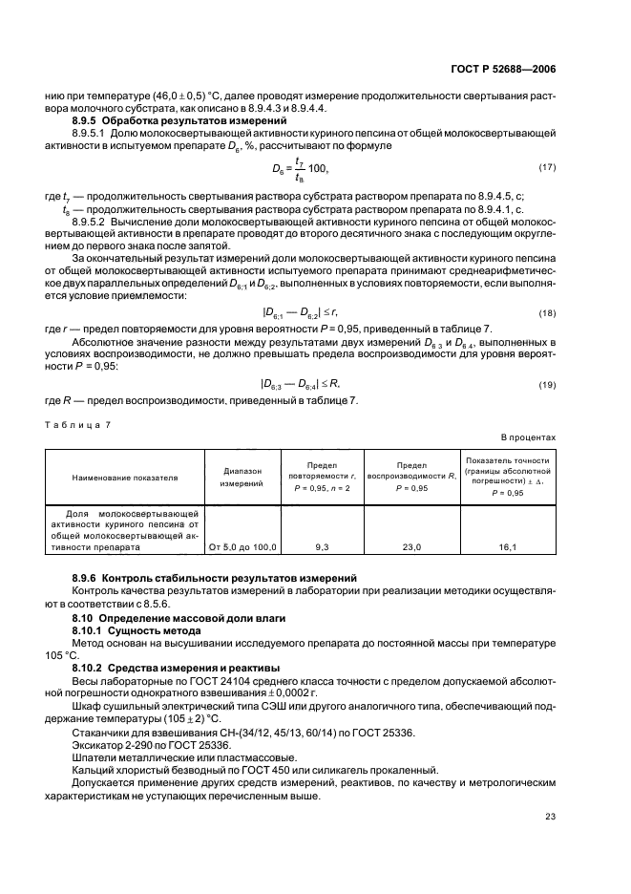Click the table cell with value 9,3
click(x=323, y=548)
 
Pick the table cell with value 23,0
click(x=411, y=548)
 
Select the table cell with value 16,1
click(x=507, y=548)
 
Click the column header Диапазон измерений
click(x=242, y=478)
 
